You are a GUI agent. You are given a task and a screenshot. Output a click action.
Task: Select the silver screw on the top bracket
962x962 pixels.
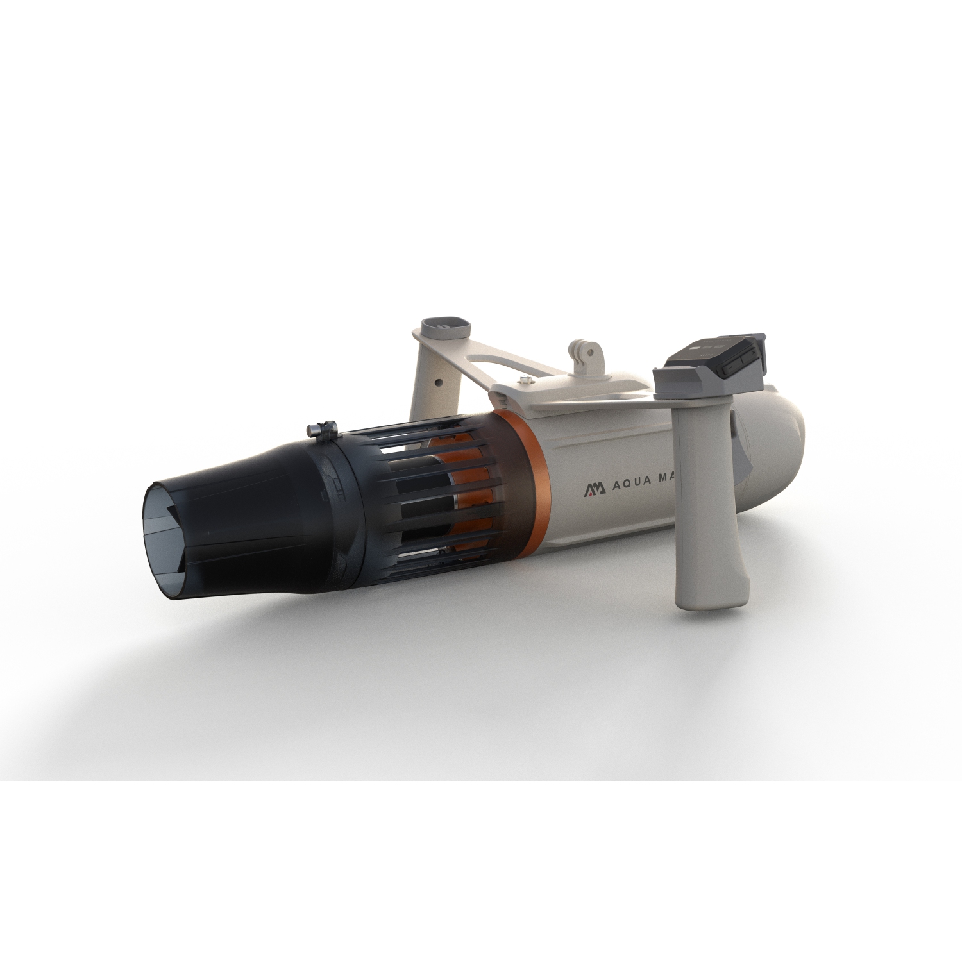[526, 379]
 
